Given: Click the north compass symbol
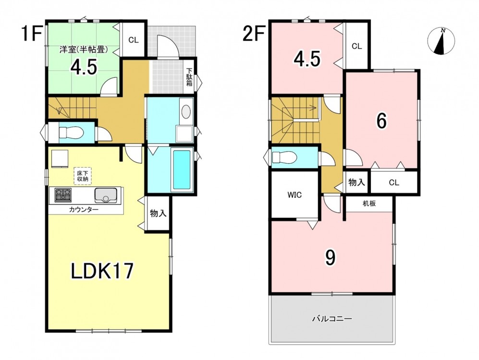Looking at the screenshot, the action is (x=441, y=41).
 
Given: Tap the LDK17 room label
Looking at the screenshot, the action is (x=102, y=271).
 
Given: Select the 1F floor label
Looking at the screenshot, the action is (x=31, y=34).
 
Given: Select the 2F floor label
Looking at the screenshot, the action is (x=253, y=34).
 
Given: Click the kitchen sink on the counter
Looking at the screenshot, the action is (x=106, y=195).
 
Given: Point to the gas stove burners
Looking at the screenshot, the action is (x=63, y=195).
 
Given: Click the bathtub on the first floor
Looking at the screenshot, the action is (x=182, y=169).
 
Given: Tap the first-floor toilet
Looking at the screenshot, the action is (x=71, y=132).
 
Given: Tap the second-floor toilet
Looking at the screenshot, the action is (x=284, y=158).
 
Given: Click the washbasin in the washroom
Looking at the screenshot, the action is (x=186, y=112).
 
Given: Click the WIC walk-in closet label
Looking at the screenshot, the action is (x=295, y=195).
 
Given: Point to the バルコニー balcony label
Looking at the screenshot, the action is (x=332, y=319).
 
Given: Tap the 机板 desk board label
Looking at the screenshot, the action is (x=369, y=203).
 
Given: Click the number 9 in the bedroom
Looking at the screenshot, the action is (x=330, y=258).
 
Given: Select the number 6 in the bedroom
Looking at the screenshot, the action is (x=381, y=121).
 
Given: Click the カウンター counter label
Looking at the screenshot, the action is (x=84, y=210).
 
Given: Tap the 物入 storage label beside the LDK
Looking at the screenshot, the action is (x=158, y=213).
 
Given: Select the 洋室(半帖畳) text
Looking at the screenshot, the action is (x=84, y=50).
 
